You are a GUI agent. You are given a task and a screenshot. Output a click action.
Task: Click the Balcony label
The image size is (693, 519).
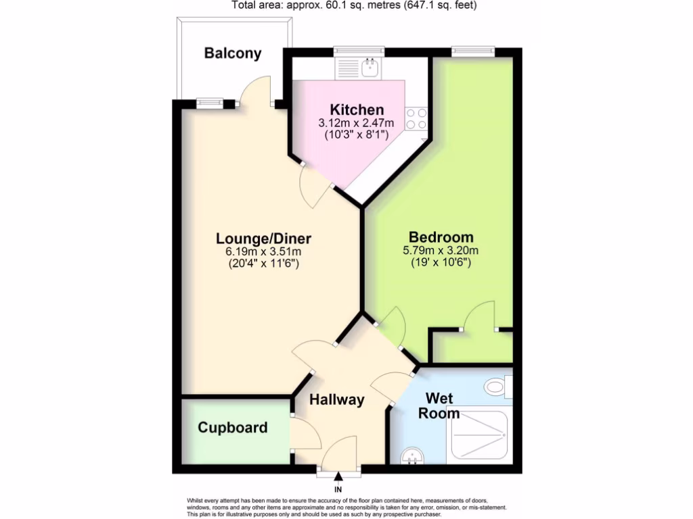point(233,53)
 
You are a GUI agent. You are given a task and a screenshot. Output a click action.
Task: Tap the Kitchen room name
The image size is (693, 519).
point(357,109)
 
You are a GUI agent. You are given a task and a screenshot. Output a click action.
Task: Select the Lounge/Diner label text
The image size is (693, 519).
point(263,239)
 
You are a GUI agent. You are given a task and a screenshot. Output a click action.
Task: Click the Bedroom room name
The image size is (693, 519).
point(441,237)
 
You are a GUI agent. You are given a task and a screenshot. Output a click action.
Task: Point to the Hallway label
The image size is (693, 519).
point(337,399)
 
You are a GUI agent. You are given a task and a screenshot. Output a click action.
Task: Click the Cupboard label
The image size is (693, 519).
point(233,428)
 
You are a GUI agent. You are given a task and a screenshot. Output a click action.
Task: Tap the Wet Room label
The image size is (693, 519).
point(439,405)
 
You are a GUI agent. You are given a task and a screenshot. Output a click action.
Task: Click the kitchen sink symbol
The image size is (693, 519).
point(370,67)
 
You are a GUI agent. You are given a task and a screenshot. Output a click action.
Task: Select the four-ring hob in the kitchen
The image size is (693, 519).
point(416,120)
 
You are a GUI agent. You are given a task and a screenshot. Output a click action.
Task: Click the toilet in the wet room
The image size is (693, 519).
point(497,387)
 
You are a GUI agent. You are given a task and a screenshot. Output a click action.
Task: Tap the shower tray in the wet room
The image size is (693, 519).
point(477,433)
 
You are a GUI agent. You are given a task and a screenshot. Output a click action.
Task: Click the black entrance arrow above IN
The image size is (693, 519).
point(338,478)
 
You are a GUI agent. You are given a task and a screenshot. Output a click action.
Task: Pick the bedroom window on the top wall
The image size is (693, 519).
point(473,51)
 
